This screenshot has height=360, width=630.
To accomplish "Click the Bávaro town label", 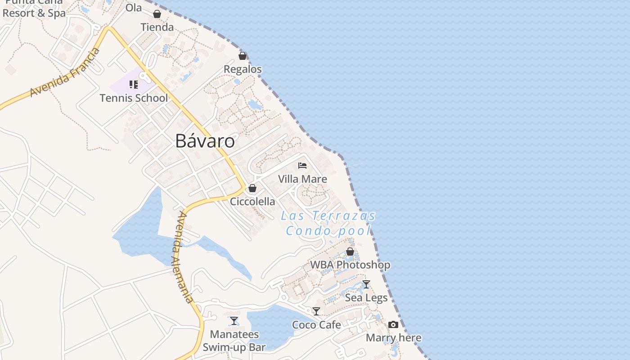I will pos(205,141).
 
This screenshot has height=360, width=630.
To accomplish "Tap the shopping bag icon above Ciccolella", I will pos(252,188).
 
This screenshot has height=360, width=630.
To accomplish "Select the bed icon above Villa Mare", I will pos(302,166).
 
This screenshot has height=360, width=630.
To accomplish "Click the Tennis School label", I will pos(134,98).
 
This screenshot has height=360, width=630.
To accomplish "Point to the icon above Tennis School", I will pos(133,85).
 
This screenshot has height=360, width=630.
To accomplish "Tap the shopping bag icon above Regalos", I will pos(243,56).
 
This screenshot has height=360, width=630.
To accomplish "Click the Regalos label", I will pos(243,69).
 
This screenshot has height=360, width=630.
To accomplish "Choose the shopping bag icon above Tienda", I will pos(157,14).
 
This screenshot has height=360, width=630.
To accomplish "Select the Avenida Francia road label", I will pos(65,72).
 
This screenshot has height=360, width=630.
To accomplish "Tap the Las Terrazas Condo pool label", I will pos(328,223).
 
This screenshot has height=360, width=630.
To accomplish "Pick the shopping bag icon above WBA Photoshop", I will pos(350,252).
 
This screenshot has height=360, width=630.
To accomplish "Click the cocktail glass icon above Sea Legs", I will pos(366,284).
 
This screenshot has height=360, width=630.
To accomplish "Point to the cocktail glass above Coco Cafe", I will pos(316,311).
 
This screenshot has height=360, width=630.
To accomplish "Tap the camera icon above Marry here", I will pos(393,324).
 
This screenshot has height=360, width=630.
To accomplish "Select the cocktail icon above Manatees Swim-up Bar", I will pos(234,321).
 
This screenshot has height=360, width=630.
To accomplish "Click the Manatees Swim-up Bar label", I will pos(234,341).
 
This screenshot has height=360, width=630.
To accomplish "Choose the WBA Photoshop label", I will pos(350,265).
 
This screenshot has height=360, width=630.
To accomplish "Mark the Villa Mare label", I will pos(302,179).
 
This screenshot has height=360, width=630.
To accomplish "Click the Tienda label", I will pos(157,27).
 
